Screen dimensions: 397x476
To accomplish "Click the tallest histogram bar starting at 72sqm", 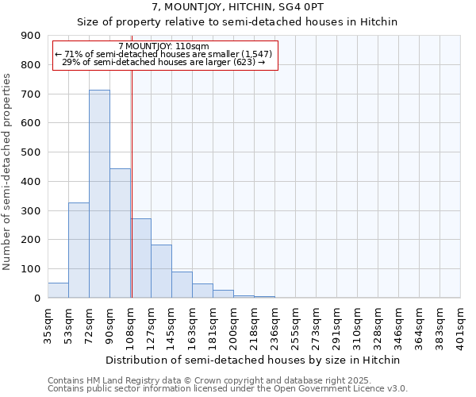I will tap(99, 195).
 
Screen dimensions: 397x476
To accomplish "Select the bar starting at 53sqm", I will tap(79, 250).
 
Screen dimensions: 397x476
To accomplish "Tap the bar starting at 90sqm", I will tap(120, 233).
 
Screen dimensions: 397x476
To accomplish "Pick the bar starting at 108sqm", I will tap(141, 258).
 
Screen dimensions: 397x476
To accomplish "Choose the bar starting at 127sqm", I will tap(161, 272).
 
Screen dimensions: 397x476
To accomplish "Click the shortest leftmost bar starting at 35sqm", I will tap(58, 291).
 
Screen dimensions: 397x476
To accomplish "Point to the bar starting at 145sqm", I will tap(182, 285).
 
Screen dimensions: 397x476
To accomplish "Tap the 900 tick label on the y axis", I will tap(31, 36).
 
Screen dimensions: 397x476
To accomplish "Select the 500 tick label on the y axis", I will tap(31, 152).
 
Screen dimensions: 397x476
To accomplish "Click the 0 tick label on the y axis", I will tap(36, 299).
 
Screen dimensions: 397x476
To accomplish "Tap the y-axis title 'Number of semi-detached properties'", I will tap(7, 172).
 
